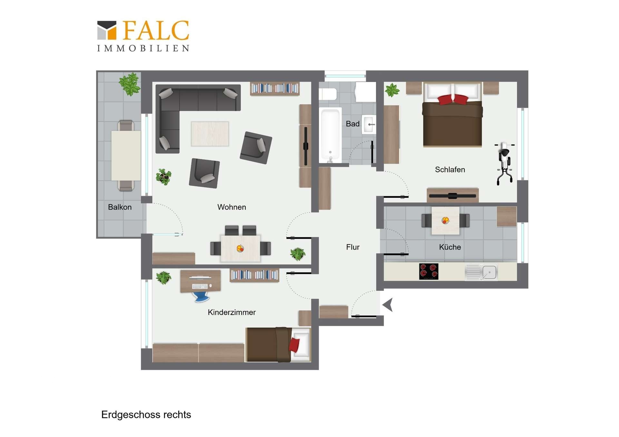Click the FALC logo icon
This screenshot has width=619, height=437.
[107, 30]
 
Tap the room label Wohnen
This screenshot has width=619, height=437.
[231, 207]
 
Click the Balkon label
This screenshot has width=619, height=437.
[120, 207]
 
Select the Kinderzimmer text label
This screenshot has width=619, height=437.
[231, 312]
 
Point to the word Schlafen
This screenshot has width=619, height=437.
[450, 170]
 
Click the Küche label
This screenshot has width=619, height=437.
[450, 247]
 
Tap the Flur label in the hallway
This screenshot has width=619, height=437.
[353, 247]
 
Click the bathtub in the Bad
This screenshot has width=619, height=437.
[330, 136]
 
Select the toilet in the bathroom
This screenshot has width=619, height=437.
[328, 94]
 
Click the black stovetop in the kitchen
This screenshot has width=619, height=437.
[428, 271]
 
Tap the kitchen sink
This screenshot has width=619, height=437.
[481, 272]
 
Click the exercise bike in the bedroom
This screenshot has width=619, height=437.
[504, 164]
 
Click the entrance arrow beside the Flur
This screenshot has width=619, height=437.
[388, 305]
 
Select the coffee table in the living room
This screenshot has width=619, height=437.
[210, 134]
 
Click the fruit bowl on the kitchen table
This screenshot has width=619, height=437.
[445, 221]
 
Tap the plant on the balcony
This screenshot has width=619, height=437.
[130, 84]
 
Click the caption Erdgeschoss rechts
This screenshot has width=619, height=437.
[146, 415]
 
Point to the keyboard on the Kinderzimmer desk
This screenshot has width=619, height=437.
[200, 286]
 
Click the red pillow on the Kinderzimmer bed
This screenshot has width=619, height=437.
[294, 345]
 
